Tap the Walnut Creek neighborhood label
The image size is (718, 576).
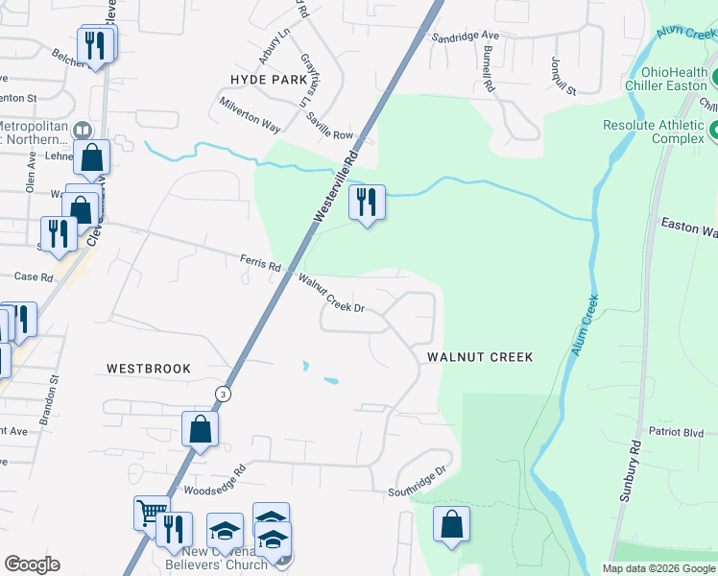[479, 357]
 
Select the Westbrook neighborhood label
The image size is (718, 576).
[149, 369]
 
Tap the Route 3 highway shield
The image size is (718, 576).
[223, 394]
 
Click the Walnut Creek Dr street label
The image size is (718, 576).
[332, 294]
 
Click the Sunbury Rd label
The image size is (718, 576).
[635, 461]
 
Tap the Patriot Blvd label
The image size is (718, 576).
[677, 433]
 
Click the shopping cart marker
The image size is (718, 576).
[151, 514]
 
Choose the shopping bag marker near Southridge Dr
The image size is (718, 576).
[451, 525]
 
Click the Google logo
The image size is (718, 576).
[32, 564]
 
